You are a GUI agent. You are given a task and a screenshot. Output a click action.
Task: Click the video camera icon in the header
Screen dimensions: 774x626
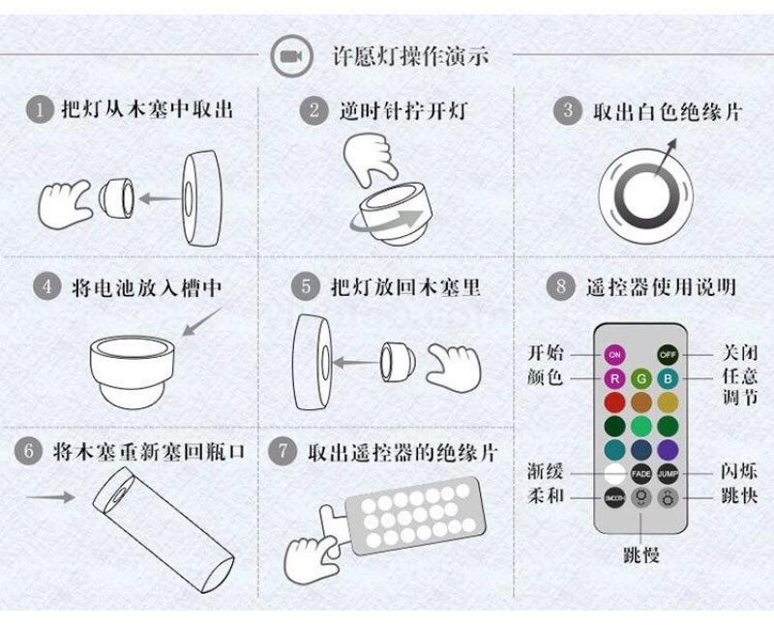coord(292,56)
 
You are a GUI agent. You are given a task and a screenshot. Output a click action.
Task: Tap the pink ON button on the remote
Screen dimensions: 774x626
coord(614,354)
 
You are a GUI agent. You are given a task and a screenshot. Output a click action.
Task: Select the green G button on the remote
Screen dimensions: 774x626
coord(641,378)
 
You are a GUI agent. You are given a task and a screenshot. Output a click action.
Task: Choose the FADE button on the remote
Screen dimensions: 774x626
coord(641,474)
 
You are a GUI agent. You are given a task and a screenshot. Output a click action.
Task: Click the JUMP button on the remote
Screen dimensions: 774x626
coord(668,474)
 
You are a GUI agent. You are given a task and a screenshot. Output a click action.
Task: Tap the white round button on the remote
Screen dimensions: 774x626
coord(614,474)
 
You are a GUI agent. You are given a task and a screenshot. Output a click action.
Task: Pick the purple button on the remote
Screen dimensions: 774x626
coord(668,450)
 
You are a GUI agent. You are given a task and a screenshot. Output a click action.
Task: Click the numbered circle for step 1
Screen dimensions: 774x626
coord(39,109)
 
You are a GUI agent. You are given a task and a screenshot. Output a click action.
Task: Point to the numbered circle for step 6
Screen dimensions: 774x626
coord(28,451)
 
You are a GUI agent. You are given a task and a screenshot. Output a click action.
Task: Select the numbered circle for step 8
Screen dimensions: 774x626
coord(561,285)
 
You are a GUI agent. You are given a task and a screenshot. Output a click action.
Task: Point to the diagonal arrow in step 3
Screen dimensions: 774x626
coord(666,157)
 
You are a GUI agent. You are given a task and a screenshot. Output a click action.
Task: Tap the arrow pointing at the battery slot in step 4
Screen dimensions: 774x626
coord(202,322)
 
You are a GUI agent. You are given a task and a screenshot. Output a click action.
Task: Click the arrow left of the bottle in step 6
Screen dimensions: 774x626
coord(50,496)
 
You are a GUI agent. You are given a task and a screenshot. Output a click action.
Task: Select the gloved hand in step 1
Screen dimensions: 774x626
coord(65,204)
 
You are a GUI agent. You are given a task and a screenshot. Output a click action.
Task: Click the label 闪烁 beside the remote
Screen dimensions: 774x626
coord(739,471)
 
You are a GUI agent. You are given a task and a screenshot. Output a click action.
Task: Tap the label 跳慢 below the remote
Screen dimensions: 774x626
coord(641,555)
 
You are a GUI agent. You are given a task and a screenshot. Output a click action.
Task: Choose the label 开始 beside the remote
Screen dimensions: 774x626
coord(546,353)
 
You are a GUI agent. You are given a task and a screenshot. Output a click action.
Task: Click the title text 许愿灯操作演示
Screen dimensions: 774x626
coord(410,56)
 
